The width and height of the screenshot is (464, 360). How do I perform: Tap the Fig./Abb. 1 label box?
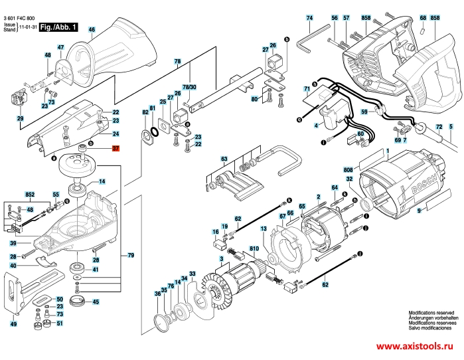point(58,27)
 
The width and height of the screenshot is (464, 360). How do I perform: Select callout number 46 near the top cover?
point(92,29)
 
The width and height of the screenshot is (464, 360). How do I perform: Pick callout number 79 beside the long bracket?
point(130,255)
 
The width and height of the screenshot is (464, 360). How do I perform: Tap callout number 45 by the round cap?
point(96,302)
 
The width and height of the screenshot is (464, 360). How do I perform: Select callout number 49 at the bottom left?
point(13,323)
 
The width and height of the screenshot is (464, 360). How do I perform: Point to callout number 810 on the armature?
point(254,249)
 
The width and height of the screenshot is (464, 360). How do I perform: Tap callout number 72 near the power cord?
point(439,126)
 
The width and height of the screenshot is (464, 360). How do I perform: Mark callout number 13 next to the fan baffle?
point(263,228)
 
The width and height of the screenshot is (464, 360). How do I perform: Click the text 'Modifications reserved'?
point(431,312)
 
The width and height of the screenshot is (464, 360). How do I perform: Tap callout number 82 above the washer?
point(145,114)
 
